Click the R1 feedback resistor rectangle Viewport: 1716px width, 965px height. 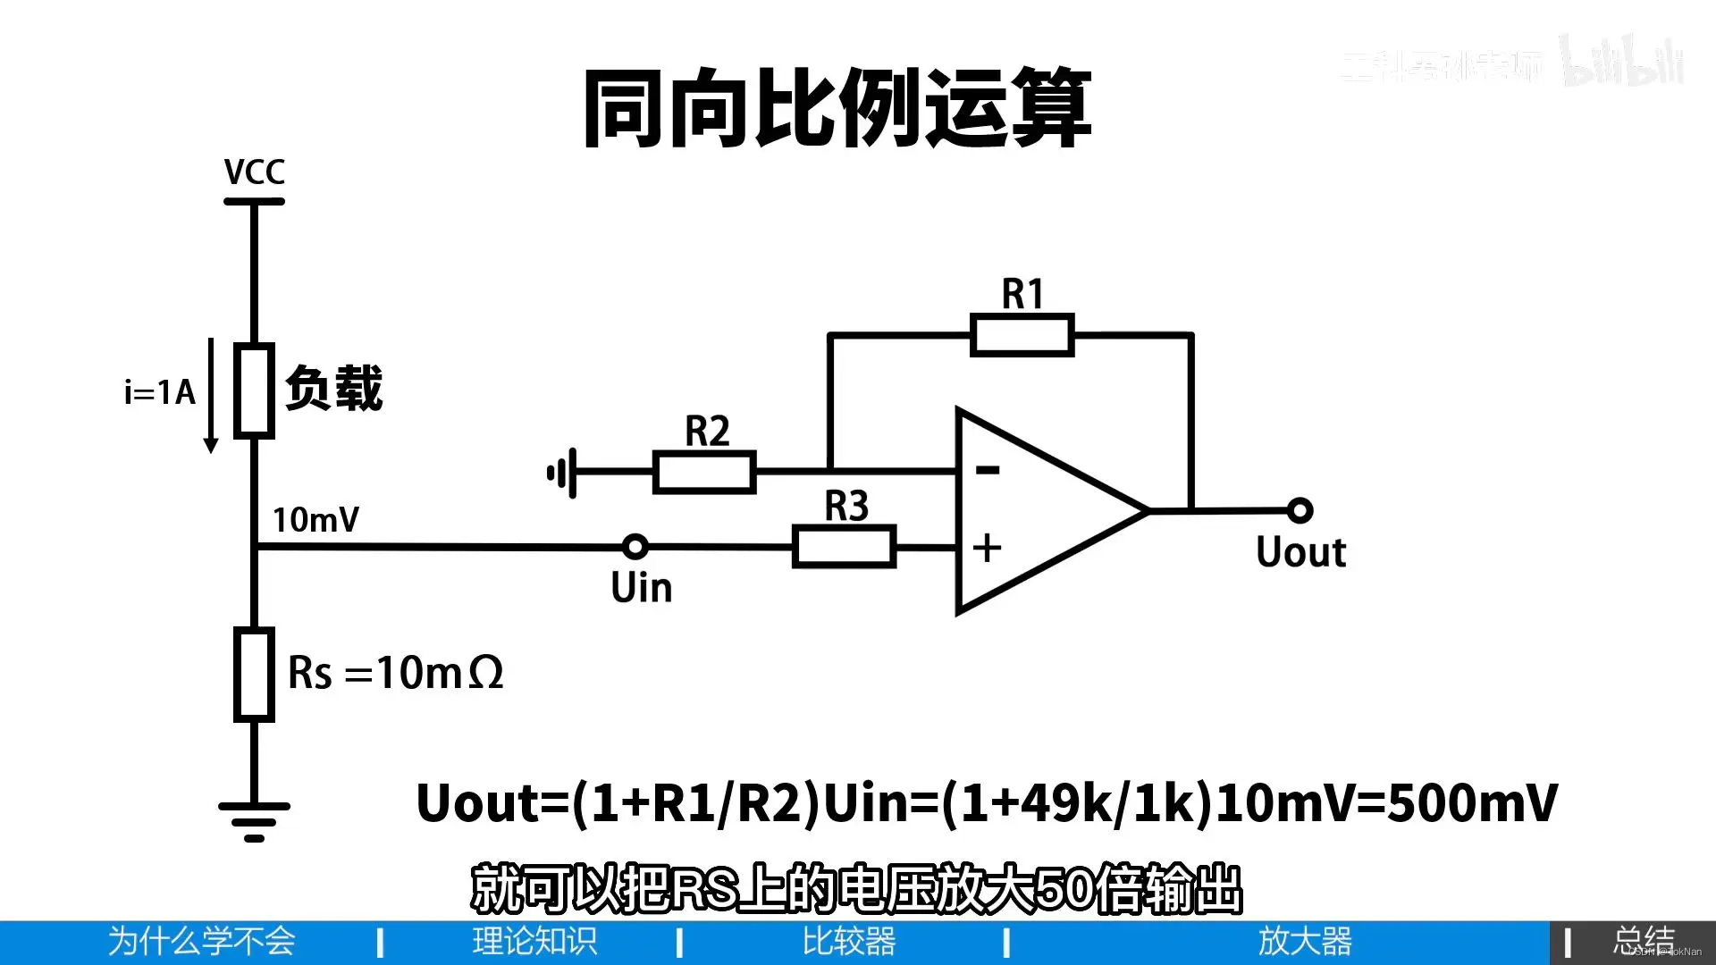(1022, 335)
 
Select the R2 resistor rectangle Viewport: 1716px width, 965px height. (704, 472)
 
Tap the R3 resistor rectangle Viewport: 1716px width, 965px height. (844, 546)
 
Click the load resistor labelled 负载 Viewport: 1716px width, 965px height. (254, 390)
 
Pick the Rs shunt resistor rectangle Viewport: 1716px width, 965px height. (254, 674)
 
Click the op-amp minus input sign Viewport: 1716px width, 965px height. (987, 469)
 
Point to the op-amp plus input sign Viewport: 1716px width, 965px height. (987, 547)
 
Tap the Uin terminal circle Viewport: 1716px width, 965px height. (635, 545)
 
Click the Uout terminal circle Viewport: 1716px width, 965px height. (1300, 510)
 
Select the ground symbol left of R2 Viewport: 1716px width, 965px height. (562, 473)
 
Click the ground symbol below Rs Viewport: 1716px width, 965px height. (254, 818)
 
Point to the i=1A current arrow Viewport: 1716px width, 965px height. (211, 393)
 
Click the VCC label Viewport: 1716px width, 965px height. (254, 172)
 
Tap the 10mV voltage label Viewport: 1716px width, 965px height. (315, 519)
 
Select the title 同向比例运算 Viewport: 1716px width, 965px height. (837, 109)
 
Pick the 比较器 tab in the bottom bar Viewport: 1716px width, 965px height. (848, 942)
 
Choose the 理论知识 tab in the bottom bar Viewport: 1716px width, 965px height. (534, 942)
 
